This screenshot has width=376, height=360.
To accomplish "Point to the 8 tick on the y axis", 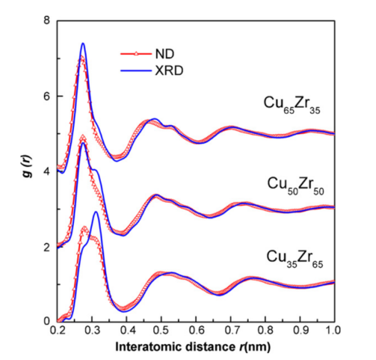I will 48,21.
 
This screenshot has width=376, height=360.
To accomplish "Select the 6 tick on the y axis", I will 48,96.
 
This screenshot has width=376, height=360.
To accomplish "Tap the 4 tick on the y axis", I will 48,171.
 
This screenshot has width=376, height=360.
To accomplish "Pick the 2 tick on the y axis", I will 48,247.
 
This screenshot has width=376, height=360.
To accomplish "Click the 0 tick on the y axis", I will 48,321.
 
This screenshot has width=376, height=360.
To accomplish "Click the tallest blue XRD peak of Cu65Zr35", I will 83,43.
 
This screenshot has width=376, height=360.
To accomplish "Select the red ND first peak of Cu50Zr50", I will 83,136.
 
